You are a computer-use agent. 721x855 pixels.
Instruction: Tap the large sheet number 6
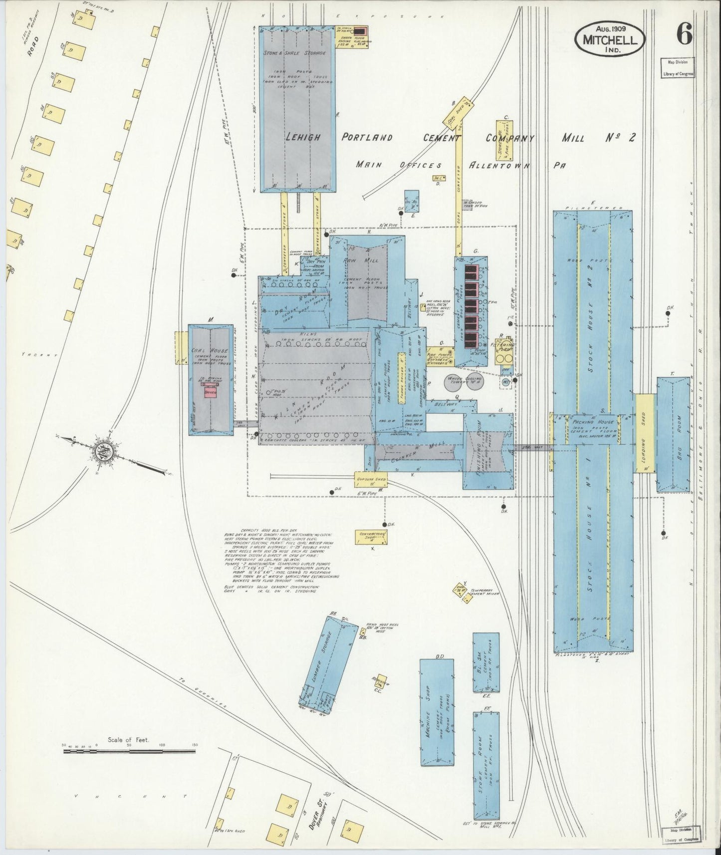click(x=684, y=34)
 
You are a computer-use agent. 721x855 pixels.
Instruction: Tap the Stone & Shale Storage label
click(x=294, y=52)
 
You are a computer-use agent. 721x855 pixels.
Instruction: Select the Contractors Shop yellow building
click(x=372, y=536)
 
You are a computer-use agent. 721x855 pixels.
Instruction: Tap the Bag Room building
click(x=673, y=433)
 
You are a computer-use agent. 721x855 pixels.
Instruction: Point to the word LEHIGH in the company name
click(x=301, y=138)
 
